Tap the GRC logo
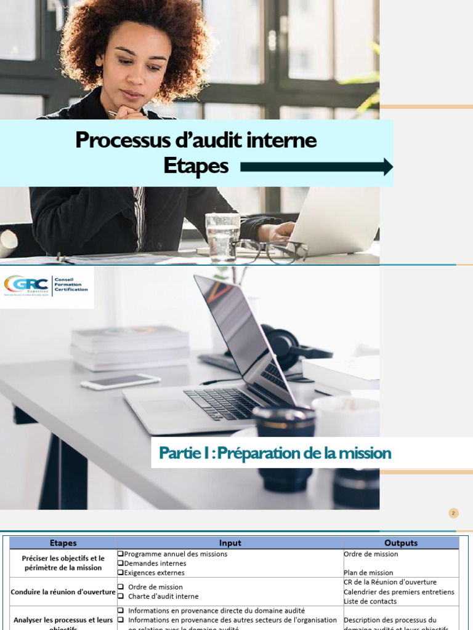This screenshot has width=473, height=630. point(47,285)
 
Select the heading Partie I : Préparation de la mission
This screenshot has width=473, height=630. point(275,453)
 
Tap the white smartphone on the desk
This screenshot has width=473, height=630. point(121,381)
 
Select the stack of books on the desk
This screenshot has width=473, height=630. point(130,348)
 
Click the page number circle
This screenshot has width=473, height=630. point(454,513)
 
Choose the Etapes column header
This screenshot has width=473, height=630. point(63,543)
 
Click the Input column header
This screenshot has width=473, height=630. point(230,543)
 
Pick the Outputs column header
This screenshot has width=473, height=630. point(400,543)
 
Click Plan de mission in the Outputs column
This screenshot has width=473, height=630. point(368,572)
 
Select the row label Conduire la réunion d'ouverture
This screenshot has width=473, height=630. point(63,592)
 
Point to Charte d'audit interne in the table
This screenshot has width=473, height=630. point(163,596)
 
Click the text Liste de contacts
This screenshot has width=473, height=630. point(370,601)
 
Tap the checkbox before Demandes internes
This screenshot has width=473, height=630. point(121,563)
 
